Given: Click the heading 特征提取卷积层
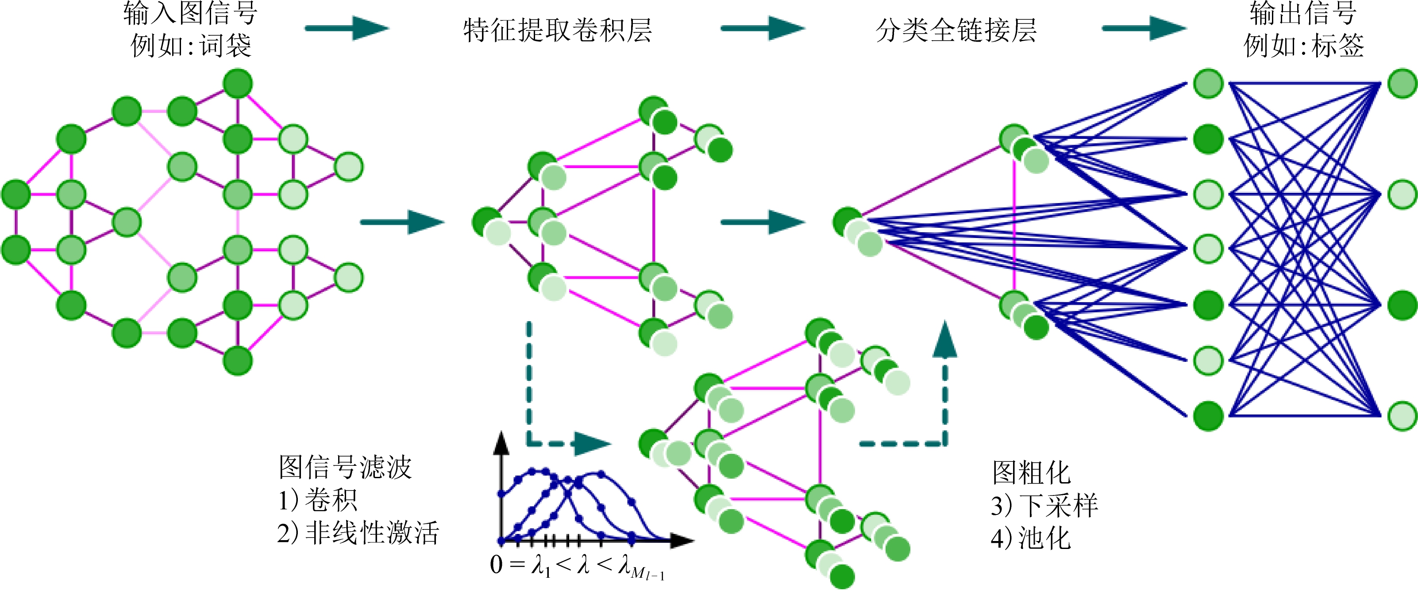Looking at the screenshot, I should pos(557,30).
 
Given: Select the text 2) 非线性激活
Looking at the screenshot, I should pos(358,533).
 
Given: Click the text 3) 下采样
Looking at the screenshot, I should pos(1044,505).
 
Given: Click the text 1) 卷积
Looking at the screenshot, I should pos(318,500).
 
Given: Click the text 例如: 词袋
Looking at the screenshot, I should pos(191,45).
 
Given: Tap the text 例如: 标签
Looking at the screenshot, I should pos(1303,45).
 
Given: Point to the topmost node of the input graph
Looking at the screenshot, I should pos(238,84).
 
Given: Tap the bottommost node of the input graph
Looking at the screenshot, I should pos(238,361).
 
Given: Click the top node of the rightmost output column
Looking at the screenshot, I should pos(1402,84).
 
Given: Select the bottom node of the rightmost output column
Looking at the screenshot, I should pos(1402,416).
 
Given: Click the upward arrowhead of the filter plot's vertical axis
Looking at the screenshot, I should pos(501,442).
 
